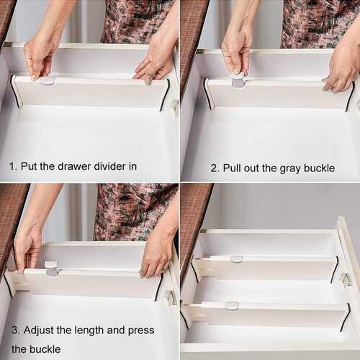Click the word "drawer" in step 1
[74, 166]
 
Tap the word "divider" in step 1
[109, 166]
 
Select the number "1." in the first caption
[13, 166]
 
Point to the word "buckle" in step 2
[319, 168]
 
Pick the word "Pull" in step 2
[232, 168]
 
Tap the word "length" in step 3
[89, 330]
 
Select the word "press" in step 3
[141, 331]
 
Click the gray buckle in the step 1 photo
[48, 81]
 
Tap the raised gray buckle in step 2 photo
[238, 81]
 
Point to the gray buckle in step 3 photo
[52, 269]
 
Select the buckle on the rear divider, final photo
[237, 259]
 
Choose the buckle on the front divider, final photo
[232, 305]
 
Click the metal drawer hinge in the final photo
[346, 279]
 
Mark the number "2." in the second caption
[215, 168]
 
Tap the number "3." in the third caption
[16, 330]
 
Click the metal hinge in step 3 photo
[171, 297]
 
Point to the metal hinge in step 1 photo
[175, 107]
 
